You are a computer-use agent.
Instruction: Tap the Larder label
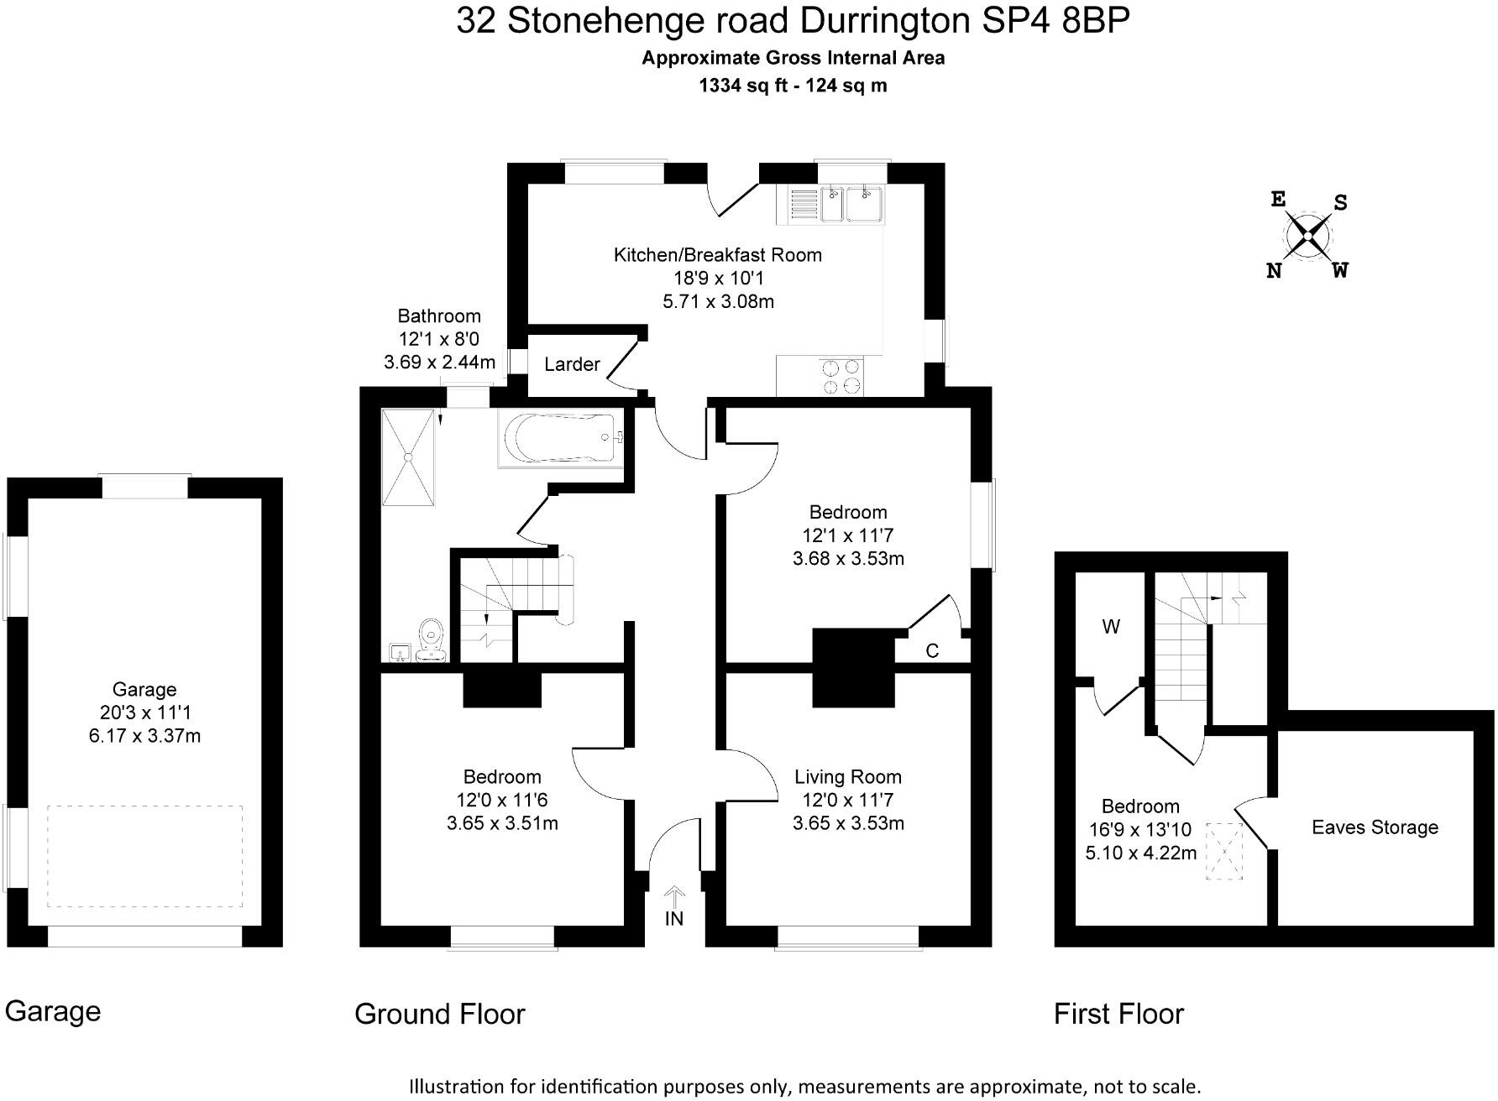572,364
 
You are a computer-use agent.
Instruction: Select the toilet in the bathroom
432,641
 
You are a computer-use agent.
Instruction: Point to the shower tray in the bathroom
410,457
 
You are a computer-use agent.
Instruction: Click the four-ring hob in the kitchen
841,376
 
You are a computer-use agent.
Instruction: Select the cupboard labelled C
932,650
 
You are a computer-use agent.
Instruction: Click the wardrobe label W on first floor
1110,627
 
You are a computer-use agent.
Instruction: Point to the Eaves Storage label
1375,827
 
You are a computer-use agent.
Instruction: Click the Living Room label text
848,777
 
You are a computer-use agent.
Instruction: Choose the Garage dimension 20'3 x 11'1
144,712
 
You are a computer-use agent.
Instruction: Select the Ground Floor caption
439,1014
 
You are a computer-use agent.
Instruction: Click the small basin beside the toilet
399,652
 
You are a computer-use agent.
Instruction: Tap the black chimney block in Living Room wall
853,668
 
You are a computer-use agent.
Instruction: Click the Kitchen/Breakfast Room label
717,254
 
